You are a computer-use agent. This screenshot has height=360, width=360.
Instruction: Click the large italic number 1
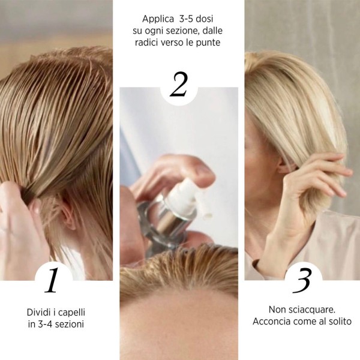[52, 280]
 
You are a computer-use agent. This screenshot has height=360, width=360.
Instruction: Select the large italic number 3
[302, 280]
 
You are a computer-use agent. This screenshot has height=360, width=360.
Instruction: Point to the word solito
[338, 322]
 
